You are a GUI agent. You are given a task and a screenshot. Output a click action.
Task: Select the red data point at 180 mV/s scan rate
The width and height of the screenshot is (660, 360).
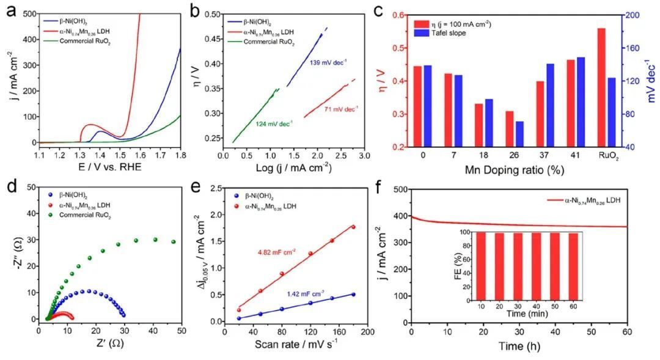[353, 227]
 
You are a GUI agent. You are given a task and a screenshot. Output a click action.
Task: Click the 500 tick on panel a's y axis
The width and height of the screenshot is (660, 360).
[28, 12]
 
